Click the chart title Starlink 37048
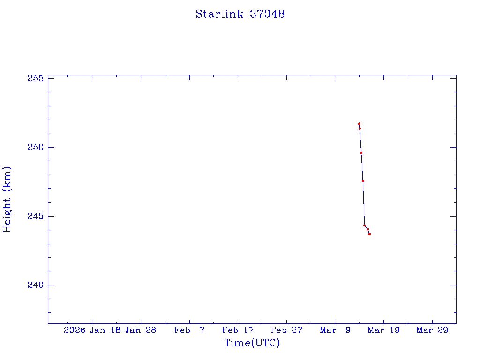coord(240,14)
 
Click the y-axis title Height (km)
coord(7,199)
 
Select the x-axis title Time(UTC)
coord(252,343)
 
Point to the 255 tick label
coord(36,78)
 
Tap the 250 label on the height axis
coord(36,147)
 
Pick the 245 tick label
coord(36,216)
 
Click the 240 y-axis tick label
coord(36,285)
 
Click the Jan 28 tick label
coord(141,330)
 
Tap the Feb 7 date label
coord(189,330)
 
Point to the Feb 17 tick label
coord(238,330)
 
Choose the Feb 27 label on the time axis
coord(286,330)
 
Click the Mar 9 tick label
coord(335,330)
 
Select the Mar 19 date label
coord(383,330)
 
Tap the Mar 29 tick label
coord(432,330)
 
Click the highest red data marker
coord(359,124)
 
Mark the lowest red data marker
coord(369,234)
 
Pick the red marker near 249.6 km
coord(361,153)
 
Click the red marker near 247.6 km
coord(363,180)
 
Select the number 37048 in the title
coord(267,14)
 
